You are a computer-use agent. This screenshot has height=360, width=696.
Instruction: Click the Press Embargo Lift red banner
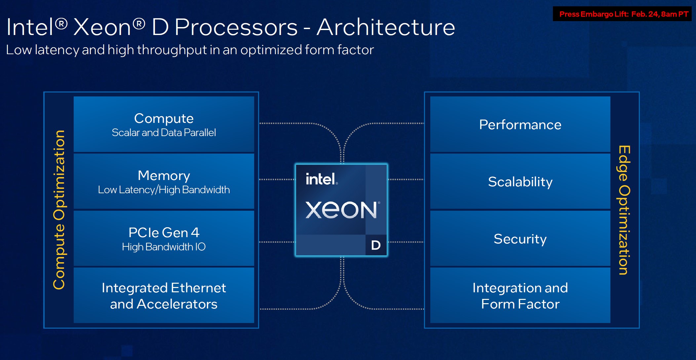[623, 14]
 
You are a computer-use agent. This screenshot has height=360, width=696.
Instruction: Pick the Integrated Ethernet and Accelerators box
[164, 296]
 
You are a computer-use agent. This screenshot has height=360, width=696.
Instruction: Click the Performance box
[520, 125]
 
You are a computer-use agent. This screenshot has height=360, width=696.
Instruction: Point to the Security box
[520, 239]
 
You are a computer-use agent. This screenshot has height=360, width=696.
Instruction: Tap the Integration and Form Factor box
[520, 296]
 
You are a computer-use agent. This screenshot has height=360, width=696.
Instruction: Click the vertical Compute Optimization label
[59, 210]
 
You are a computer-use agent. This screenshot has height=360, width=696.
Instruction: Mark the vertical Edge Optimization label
[624, 210]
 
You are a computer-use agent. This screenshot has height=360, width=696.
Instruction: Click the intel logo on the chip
[321, 179]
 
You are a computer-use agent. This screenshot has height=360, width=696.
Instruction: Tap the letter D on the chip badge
[376, 245]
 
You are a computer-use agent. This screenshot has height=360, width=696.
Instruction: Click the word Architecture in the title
[386, 27]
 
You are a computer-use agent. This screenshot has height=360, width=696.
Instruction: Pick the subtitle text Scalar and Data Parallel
[164, 133]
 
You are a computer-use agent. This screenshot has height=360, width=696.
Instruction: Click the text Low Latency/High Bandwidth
[164, 190]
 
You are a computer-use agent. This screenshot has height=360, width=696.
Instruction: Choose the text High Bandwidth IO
[164, 247]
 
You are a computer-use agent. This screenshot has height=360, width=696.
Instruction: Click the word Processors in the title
[236, 27]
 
